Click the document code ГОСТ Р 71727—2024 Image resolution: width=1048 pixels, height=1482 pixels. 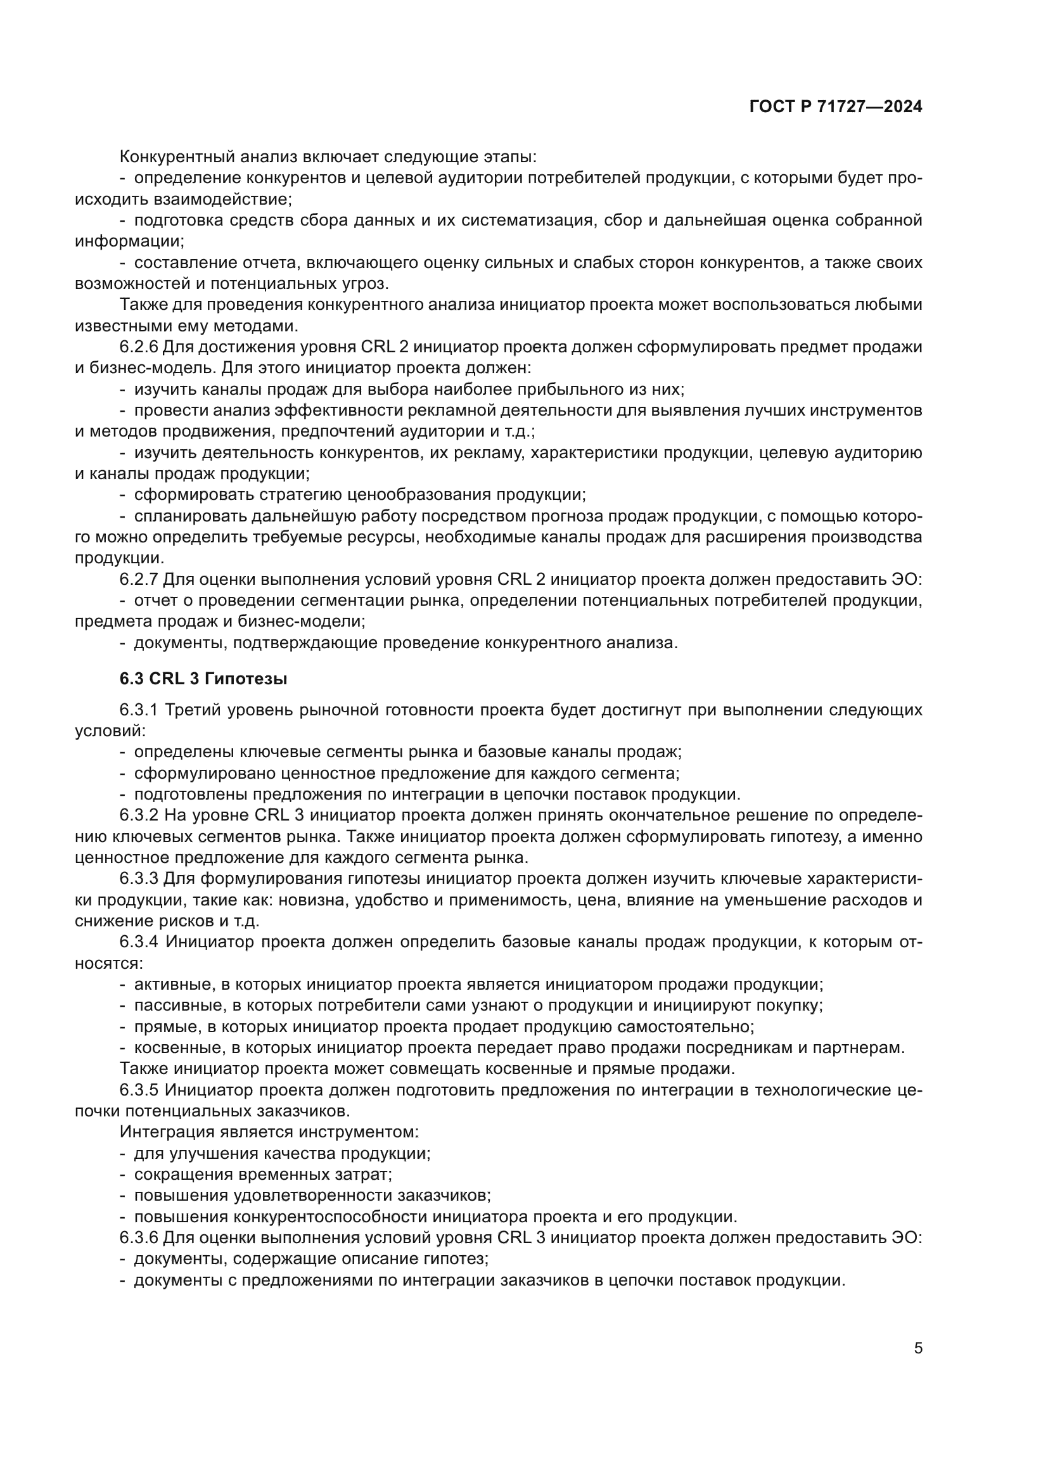836,107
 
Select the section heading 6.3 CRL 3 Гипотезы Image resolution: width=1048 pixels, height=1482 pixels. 203,679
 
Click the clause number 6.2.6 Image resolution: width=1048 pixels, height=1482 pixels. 138,347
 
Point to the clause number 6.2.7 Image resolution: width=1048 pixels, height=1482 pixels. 138,580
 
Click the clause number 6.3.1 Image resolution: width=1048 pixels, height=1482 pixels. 138,710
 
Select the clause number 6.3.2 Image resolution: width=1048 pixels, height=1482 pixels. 138,815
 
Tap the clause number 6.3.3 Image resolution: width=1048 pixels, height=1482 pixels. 138,878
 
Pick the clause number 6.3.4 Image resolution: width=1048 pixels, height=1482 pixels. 138,942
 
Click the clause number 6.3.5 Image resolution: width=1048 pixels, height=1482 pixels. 138,1090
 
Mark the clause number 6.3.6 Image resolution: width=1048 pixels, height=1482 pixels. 138,1238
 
